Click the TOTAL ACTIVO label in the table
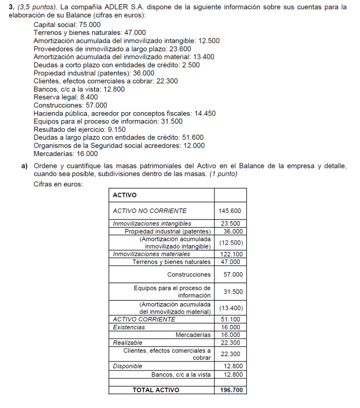(x=156, y=390)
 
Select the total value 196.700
(x=231, y=390)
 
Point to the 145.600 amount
(x=230, y=211)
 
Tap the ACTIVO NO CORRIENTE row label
(x=150, y=211)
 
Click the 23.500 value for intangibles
(x=230, y=224)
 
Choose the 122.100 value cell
(x=230, y=254)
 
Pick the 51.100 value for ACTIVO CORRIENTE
(x=230, y=319)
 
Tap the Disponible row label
(x=128, y=366)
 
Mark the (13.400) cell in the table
(x=230, y=308)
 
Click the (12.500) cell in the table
(x=230, y=243)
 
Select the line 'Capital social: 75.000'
(x=68, y=24)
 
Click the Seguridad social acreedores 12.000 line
(x=119, y=146)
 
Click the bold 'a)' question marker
(x=24, y=166)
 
